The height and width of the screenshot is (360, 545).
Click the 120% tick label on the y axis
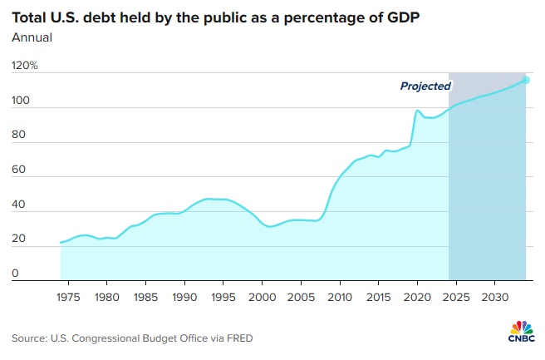[25, 65]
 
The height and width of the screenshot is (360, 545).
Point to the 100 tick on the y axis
[21, 101]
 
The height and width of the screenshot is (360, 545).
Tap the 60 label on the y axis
[19, 170]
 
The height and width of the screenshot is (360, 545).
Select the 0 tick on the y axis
[16, 274]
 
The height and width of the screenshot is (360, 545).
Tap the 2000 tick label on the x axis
[262, 296]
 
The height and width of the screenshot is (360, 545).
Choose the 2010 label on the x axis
[340, 296]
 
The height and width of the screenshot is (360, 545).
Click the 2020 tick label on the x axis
[417, 296]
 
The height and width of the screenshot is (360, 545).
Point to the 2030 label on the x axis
[495, 296]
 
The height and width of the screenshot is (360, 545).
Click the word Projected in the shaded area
[425, 86]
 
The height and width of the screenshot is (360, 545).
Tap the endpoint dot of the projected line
[526, 80]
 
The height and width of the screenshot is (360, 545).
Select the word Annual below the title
[31, 37]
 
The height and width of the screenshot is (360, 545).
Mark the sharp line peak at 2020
[418, 110]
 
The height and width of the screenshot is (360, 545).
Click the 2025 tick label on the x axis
[456, 296]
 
